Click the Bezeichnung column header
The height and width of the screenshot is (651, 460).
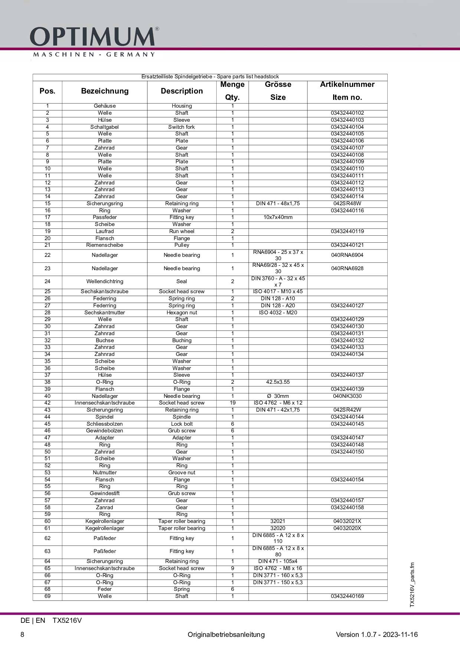click(105, 91)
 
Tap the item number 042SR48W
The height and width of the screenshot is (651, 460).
click(347, 203)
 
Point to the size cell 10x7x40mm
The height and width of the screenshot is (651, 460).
click(278, 217)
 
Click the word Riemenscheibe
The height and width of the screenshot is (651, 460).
click(105, 245)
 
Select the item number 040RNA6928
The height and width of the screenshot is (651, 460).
click(347, 268)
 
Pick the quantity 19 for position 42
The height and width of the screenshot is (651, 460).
click(233, 403)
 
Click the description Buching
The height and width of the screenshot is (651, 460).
click(182, 340)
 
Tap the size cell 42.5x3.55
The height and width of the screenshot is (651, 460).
click(278, 382)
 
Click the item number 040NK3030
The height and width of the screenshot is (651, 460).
click(347, 396)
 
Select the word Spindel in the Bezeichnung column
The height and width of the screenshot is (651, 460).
click(105, 417)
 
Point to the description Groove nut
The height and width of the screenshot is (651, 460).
click(182, 472)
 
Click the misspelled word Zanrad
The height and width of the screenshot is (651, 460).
click(105, 507)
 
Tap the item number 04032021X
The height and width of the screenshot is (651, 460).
click(347, 521)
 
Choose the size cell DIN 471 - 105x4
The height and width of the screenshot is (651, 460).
click(278, 561)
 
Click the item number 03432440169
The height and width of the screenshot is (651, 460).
click(347, 596)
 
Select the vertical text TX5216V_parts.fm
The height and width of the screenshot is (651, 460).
click(412, 585)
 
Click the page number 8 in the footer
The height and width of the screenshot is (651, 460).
click(22, 634)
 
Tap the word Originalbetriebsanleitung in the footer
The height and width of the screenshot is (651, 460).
click(226, 634)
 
